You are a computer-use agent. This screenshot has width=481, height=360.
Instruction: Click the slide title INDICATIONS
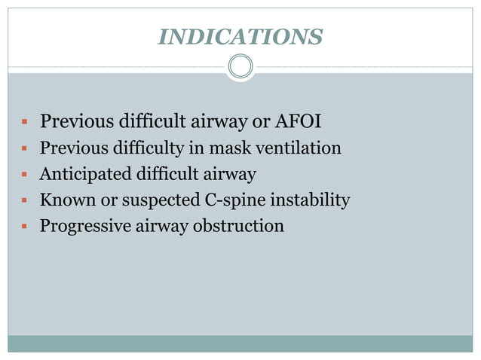click(240, 35)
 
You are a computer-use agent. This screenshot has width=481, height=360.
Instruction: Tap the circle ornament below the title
click(240, 67)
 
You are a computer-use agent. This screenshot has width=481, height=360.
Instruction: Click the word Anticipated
click(84, 174)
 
